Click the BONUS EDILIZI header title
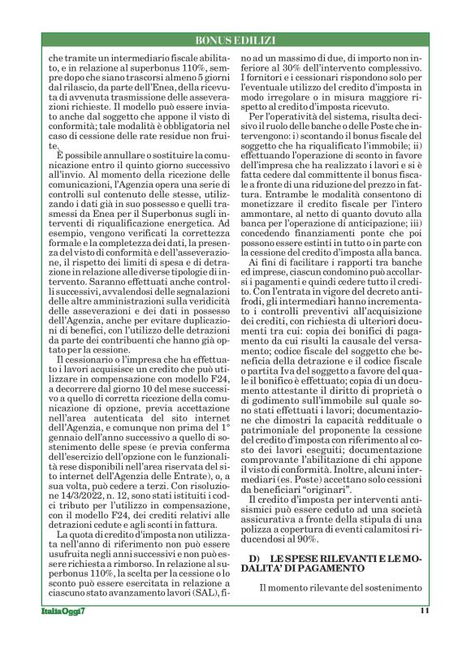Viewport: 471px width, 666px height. pos(235,40)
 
